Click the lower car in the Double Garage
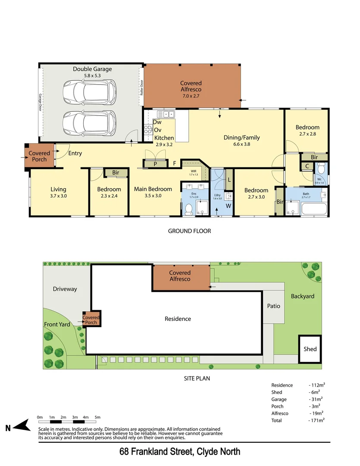(x=89, y=123)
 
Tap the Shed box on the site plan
(x=310, y=349)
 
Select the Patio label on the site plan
(x=273, y=306)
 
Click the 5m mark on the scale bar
(x=97, y=417)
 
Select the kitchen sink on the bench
(x=166, y=114)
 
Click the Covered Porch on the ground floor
(x=39, y=156)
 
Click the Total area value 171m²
(x=316, y=420)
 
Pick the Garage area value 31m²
(x=316, y=399)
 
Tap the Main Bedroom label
(x=153, y=189)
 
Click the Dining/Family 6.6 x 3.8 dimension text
(x=241, y=144)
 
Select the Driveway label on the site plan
(x=65, y=289)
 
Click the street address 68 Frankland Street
(x=180, y=452)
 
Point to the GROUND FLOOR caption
(x=189, y=231)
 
